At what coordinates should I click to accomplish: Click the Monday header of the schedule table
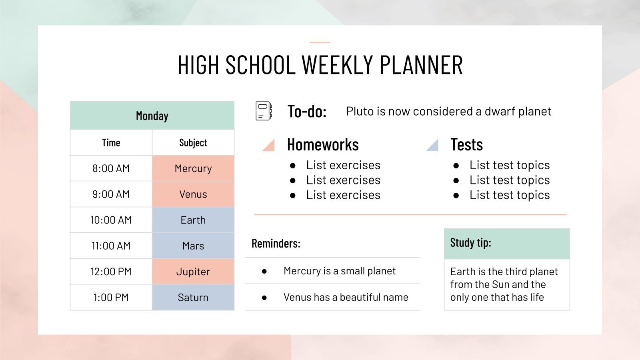[x=152, y=116]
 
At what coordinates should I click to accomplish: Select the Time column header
[x=111, y=143]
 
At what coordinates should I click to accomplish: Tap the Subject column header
[x=193, y=143]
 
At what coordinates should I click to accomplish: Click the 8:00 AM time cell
[x=111, y=168]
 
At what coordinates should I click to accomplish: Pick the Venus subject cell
[x=193, y=194]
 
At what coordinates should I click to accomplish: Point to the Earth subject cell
[x=193, y=220]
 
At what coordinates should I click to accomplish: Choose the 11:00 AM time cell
[x=111, y=246]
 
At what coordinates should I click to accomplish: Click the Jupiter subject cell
[x=193, y=272]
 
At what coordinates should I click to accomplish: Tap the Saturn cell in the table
[x=193, y=298]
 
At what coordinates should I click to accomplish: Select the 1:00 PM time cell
[x=111, y=298]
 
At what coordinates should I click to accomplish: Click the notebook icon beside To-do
[x=264, y=111]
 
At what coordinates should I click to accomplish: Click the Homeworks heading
[x=323, y=144]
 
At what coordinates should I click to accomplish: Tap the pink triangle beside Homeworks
[x=269, y=145]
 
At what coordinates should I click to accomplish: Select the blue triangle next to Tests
[x=433, y=145]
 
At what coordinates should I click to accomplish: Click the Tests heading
[x=466, y=144]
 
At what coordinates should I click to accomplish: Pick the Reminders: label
[x=276, y=243]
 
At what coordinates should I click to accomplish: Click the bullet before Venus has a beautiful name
[x=264, y=298]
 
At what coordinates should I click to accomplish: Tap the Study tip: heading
[x=470, y=243]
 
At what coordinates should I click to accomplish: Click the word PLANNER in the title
[x=421, y=65]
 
